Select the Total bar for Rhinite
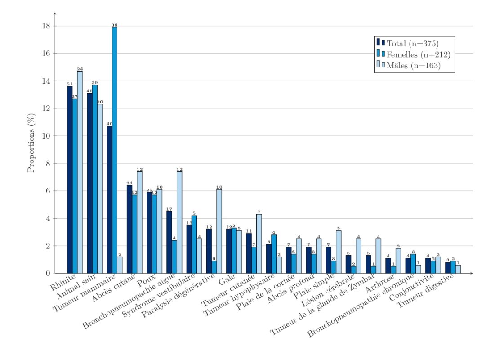pyautogui.click(x=70, y=180)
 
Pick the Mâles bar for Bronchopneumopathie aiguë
pyautogui.click(x=179, y=222)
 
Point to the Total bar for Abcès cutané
pyautogui.click(x=129, y=229)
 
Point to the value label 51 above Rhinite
pyautogui.click(x=70, y=84)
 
